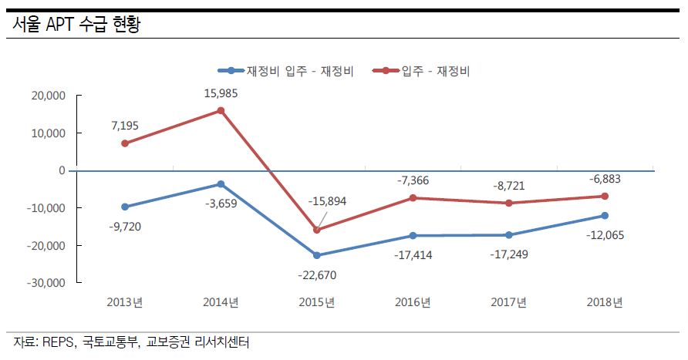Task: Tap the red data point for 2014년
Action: click(x=221, y=110)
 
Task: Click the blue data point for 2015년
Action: click(x=317, y=255)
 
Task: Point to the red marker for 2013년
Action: click(x=124, y=143)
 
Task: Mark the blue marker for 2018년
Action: click(x=605, y=215)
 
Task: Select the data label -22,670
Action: click(x=317, y=274)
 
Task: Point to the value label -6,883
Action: click(x=605, y=178)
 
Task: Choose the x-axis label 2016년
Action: click(x=413, y=302)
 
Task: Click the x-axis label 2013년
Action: click(x=125, y=302)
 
